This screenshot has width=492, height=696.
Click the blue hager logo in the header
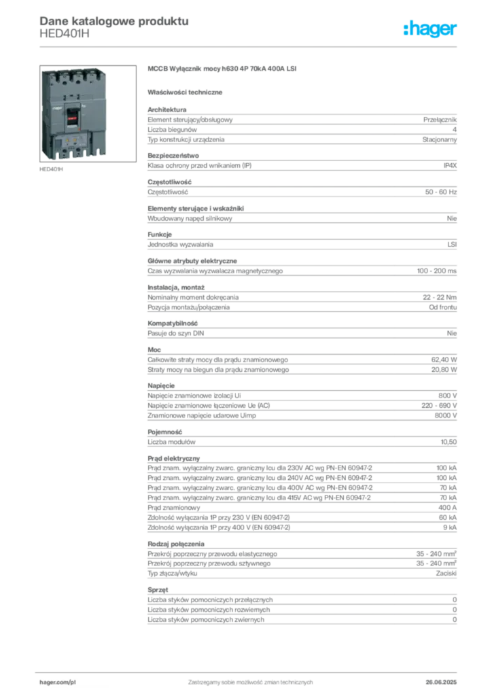click(432, 29)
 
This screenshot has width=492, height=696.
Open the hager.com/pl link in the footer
click(60, 680)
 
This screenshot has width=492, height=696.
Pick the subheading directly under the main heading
click(188, 92)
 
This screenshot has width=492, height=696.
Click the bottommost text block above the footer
click(302, 608)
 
